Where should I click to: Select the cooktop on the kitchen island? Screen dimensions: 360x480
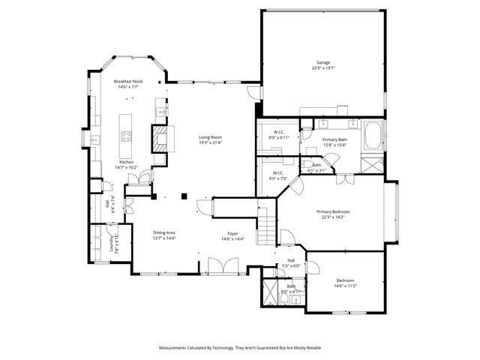(127, 136)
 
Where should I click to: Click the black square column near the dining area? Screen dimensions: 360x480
(184, 196)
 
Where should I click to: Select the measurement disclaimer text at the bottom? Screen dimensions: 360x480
(239, 348)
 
